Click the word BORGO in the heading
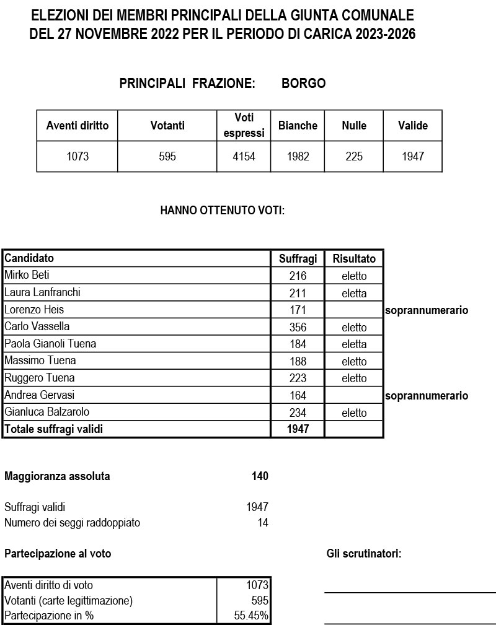pos(303,84)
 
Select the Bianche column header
pos(298,126)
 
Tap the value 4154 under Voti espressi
pos(244,157)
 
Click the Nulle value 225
pos(354,157)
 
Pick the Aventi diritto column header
pos(77,126)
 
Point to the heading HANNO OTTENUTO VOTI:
pos(222,211)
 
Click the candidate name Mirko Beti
pos(27,275)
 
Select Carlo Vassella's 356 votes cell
pos(298,327)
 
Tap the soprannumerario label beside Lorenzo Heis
pos(427,310)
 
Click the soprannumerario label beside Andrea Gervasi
pos(427,396)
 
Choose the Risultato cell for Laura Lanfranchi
pos(354,293)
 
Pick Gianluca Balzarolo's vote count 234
pos(298,413)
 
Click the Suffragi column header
pos(298,258)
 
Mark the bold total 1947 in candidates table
pos(298,429)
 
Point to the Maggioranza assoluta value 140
pos(260,476)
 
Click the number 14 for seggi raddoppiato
pos(263,523)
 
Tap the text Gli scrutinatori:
pos(364,554)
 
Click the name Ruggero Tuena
pos(40,378)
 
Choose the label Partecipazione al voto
pos(58,554)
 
